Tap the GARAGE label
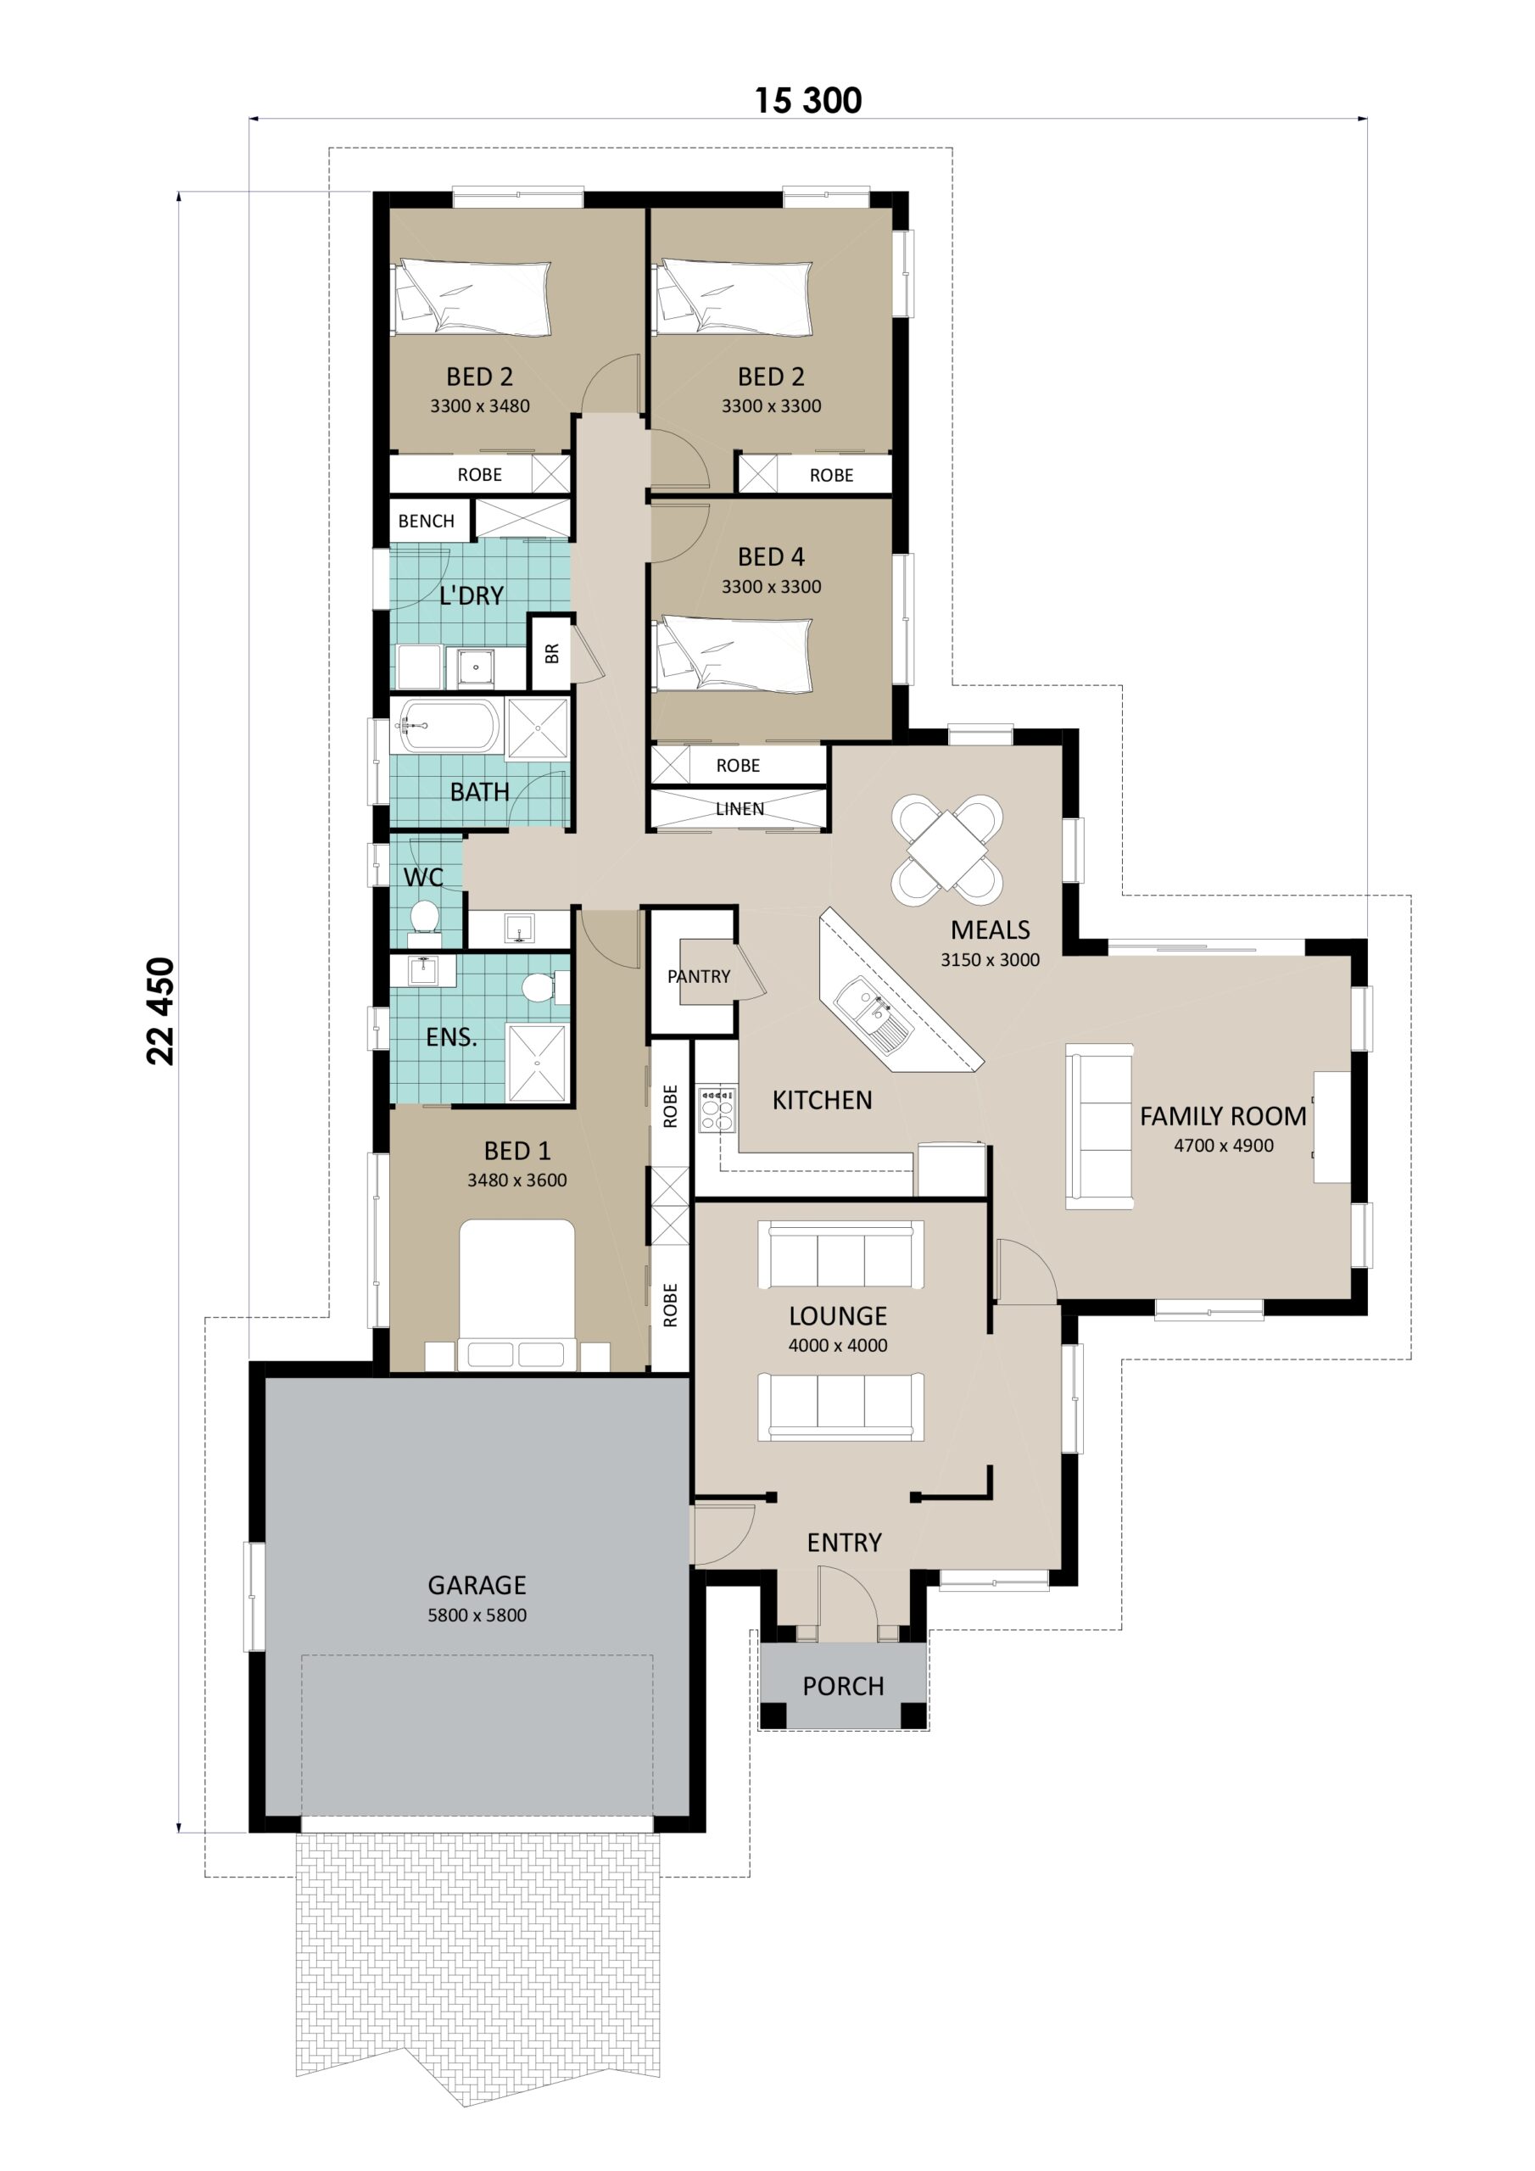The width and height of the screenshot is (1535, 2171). pos(476,1585)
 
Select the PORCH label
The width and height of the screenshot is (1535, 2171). pos(843,1686)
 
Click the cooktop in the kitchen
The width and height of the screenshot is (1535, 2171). pos(716,1109)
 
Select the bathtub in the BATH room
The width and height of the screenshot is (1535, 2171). pos(447,726)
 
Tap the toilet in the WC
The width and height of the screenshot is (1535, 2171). pos(424,918)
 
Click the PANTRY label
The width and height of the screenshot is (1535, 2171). pos(698,976)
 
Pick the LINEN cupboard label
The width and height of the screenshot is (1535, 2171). pos(739,808)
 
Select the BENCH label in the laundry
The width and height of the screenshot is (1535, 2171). pos(426,521)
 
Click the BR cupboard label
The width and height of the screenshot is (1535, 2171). pos(551,652)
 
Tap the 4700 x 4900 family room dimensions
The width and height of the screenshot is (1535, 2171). pos(1223,1145)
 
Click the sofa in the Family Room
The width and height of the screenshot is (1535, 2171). pos(1100,1126)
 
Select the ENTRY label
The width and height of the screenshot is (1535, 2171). pos(844,1543)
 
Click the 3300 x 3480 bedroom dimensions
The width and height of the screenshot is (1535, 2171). pos(479,405)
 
